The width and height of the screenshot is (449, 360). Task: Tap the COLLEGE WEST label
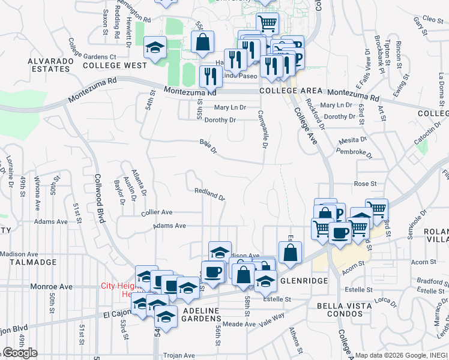[x=115, y=65]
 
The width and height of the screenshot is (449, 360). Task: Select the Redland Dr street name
[x=209, y=194]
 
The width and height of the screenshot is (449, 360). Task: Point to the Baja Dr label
[x=208, y=148]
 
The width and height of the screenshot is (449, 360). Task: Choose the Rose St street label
[x=365, y=184]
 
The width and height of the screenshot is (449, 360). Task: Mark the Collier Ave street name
[x=157, y=212]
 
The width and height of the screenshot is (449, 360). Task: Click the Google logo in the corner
[x=20, y=353]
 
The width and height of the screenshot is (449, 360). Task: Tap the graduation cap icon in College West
[x=155, y=48]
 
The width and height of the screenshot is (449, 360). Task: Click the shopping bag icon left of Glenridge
[x=290, y=253]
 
